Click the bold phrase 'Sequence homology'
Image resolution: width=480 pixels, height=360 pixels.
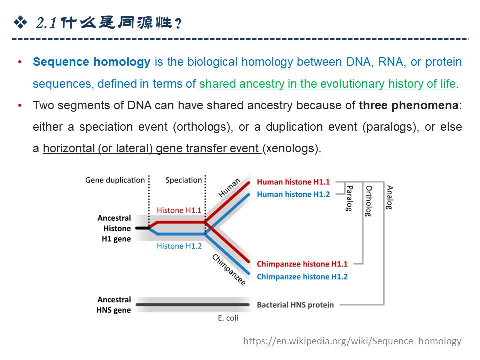click(x=91, y=62)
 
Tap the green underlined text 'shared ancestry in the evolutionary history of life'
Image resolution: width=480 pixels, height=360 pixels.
click(x=327, y=84)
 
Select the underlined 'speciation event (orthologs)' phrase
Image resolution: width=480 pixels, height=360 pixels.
click(x=154, y=127)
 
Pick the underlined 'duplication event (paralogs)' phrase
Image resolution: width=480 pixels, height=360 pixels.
click(x=341, y=127)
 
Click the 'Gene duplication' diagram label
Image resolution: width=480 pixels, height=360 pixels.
click(x=115, y=180)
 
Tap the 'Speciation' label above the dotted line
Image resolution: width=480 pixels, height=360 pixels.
click(x=184, y=180)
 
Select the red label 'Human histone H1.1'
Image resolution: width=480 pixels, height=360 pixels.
click(x=293, y=182)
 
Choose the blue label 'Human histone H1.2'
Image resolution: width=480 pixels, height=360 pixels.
click(x=293, y=194)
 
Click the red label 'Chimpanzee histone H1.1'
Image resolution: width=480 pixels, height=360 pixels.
click(x=302, y=264)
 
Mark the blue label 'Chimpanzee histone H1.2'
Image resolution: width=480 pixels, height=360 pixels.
click(x=302, y=276)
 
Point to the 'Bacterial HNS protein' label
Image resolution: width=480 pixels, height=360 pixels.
click(x=295, y=305)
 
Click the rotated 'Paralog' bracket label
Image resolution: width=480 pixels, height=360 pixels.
click(x=350, y=198)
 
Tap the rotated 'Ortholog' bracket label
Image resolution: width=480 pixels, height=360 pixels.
click(x=369, y=201)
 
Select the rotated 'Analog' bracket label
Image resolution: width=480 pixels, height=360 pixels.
click(x=390, y=197)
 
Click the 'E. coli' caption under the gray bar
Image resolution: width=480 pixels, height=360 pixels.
click(x=228, y=318)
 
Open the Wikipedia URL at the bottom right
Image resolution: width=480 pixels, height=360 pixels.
click(x=352, y=341)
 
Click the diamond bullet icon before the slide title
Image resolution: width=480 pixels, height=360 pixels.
click(x=20, y=22)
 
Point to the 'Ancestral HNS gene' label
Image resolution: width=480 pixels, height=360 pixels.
click(x=114, y=305)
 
